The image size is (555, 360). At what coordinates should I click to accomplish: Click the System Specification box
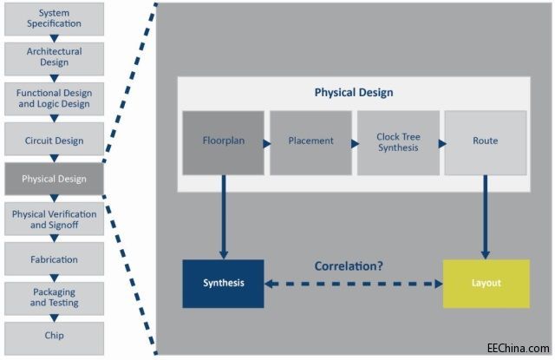click(x=54, y=17)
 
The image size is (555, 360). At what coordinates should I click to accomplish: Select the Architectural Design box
click(x=54, y=57)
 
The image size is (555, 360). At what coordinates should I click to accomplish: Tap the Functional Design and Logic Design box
click(x=54, y=98)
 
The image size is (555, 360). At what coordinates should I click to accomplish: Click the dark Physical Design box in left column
click(x=54, y=179)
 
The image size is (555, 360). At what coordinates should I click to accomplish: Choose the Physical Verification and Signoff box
click(x=54, y=219)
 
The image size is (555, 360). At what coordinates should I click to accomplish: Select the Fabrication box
click(x=54, y=259)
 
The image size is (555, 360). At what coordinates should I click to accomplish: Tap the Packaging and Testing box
click(x=54, y=298)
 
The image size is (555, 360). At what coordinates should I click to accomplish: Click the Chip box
click(x=54, y=336)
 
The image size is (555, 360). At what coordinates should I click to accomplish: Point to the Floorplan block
click(x=223, y=141)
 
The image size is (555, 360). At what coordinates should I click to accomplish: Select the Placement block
click(x=310, y=141)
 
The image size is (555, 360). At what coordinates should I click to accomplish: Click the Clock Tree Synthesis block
click(x=398, y=141)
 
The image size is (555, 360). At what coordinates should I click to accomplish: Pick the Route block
click(x=486, y=141)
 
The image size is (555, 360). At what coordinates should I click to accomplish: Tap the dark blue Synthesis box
click(x=223, y=283)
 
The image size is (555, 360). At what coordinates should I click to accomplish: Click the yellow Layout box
click(x=486, y=283)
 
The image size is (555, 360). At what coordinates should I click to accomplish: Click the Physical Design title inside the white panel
click(x=353, y=93)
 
